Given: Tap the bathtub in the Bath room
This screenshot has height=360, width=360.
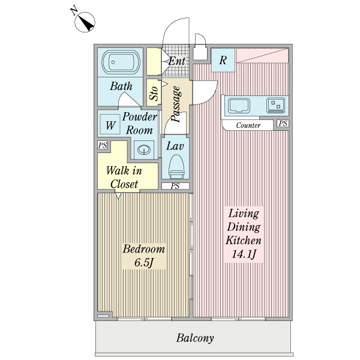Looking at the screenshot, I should [121, 62].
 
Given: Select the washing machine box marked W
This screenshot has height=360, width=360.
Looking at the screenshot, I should [110, 125].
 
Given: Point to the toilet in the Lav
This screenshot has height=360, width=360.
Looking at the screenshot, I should [176, 165].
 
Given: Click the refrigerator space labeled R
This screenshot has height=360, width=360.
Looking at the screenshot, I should [223, 60].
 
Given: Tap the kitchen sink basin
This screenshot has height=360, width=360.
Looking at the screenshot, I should [239, 106].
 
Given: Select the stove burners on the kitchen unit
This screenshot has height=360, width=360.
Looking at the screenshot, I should [277, 105].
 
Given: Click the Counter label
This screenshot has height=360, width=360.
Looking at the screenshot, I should [248, 125].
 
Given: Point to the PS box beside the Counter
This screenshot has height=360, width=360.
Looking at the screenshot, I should [283, 124].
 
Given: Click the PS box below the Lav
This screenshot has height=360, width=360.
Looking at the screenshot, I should [175, 186].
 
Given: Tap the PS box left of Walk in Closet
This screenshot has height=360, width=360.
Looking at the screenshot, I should [103, 145].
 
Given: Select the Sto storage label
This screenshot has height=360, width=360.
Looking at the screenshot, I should [154, 94].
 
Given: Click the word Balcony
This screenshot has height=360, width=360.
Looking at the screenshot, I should [195, 338].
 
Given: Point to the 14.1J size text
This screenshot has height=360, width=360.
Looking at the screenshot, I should [244, 254].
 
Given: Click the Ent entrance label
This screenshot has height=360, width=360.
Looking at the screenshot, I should [176, 61].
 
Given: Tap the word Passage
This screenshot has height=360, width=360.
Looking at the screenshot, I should [176, 104].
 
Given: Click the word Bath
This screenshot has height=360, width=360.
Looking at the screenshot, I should [121, 86].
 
